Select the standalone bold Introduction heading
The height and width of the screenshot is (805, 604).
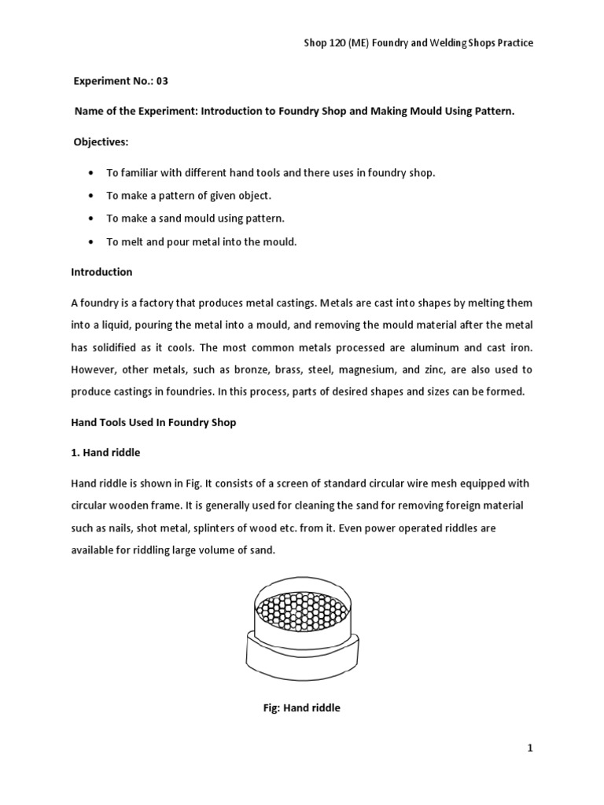click(x=101, y=272)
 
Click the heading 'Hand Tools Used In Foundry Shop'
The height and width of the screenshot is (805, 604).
click(x=153, y=422)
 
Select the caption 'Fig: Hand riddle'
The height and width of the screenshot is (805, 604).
click(x=301, y=708)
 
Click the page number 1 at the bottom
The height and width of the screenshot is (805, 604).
click(x=530, y=749)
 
